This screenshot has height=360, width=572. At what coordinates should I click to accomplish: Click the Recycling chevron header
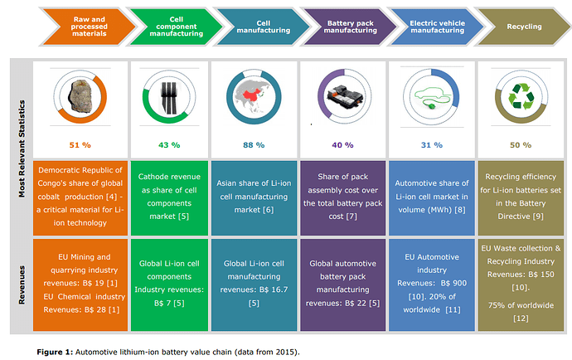[x=524, y=27]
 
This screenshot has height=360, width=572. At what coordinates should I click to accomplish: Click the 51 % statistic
[x=80, y=144]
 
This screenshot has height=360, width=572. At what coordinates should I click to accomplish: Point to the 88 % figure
[x=254, y=144]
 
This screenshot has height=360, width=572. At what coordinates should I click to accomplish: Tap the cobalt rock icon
[x=81, y=96]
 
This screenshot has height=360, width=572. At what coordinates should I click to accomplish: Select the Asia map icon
[x=254, y=96]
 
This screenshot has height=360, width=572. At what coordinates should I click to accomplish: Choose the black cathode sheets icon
[x=167, y=97]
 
